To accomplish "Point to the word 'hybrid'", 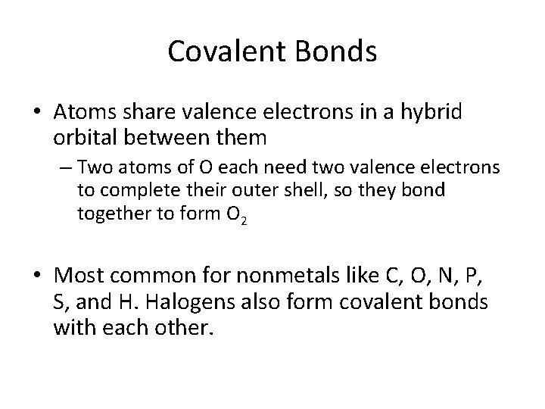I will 437,111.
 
